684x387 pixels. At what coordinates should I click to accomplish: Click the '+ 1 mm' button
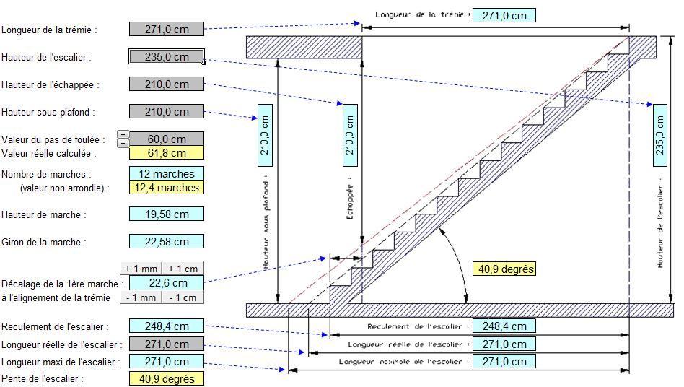click(141, 269)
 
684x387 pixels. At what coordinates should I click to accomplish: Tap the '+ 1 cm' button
click(183, 269)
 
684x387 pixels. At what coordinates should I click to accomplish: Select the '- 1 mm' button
click(141, 297)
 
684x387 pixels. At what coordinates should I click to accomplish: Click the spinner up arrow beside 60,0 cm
click(123, 135)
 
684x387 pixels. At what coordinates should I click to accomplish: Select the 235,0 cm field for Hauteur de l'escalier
click(167, 57)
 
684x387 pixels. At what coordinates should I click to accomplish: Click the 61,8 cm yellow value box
click(167, 153)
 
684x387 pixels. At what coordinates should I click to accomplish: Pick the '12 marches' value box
click(167, 174)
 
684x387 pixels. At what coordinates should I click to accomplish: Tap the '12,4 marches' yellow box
click(167, 188)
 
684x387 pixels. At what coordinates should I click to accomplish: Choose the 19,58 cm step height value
click(167, 214)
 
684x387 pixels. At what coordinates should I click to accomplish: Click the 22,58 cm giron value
click(167, 242)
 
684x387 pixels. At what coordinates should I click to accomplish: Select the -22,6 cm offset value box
click(167, 283)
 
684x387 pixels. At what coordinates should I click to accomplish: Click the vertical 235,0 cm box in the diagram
click(660, 135)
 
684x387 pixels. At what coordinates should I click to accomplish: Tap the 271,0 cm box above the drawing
click(504, 16)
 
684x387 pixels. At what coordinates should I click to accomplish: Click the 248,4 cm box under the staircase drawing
click(504, 326)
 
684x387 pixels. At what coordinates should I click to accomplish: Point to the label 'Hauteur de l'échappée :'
click(51, 84)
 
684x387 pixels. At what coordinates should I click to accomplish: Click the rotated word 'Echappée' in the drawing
click(350, 201)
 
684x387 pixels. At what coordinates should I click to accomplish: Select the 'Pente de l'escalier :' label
click(43, 379)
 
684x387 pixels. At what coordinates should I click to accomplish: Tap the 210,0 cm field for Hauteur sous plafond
click(167, 112)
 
